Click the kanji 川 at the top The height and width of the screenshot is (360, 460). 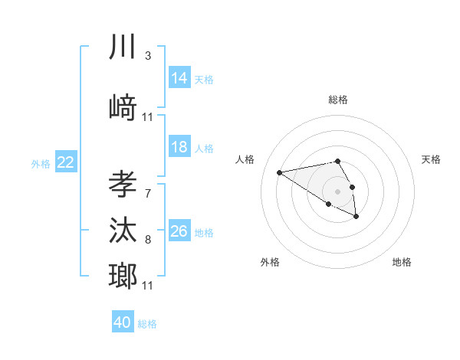coord(123,47)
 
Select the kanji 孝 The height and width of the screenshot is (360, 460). coord(123,185)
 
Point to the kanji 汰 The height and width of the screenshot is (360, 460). coord(123,231)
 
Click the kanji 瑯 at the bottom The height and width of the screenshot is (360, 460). coord(123,276)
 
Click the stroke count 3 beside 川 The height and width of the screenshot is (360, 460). coord(147,56)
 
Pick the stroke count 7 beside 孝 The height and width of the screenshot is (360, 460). coord(147,193)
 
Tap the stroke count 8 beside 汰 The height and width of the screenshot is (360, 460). coord(147,240)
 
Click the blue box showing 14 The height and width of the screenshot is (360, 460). coord(179,77)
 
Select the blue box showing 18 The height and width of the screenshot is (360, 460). coord(179,147)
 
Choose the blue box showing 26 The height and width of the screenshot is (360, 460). coord(179,231)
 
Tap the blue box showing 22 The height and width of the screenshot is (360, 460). coord(66,162)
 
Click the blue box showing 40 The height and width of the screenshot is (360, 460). coord(123,322)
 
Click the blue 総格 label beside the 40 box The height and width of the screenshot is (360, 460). coord(147,324)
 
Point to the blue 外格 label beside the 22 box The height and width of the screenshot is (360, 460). coord(41,163)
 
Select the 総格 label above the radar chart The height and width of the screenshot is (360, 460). coord(338,100)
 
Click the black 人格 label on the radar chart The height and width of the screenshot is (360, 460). coord(245,159)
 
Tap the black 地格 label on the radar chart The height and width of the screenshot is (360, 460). coord(402,262)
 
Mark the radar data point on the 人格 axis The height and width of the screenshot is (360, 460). coord(280,172)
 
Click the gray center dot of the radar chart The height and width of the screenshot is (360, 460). coord(338,191)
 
